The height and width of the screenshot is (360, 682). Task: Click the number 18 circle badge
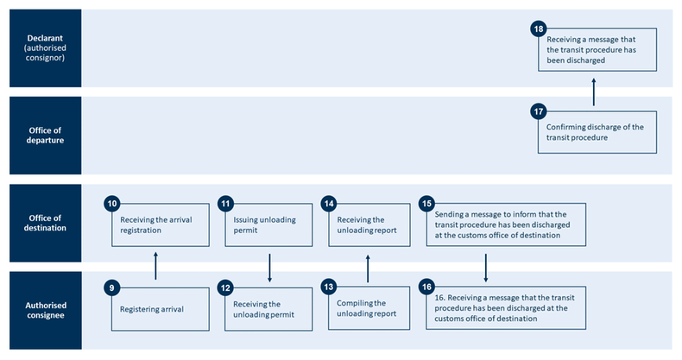click(539, 29)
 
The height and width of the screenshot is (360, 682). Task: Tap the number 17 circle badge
click(539, 111)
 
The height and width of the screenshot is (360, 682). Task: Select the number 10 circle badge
click(111, 204)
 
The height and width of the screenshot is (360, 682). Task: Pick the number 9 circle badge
click(111, 287)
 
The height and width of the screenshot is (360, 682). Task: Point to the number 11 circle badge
click(226, 204)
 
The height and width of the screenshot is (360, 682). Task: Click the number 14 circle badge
click(329, 204)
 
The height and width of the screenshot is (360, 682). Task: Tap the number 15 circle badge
click(426, 204)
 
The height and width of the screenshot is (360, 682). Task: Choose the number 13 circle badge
click(329, 287)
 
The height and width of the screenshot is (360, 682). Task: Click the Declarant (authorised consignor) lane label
click(45, 48)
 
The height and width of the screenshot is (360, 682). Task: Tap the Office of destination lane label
click(45, 223)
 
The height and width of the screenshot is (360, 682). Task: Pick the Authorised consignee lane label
click(45, 310)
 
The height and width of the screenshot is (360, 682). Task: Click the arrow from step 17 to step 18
click(594, 91)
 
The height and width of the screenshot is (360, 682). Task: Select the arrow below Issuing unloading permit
click(270, 267)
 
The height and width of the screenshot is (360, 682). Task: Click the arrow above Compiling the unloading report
click(368, 267)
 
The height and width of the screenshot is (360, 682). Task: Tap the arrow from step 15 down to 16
click(486, 267)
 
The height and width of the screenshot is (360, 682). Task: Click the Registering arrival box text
click(152, 308)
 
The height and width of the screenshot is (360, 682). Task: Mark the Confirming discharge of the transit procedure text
click(596, 132)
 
